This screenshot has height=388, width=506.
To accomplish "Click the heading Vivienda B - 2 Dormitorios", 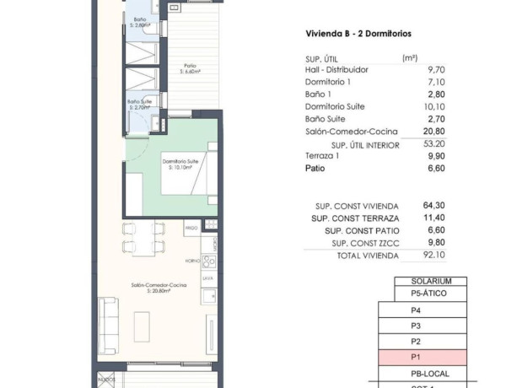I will (x=363, y=35).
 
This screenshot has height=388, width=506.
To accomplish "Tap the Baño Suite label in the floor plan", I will (x=138, y=104).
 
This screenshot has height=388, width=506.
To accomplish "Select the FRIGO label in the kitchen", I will (x=191, y=228).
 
